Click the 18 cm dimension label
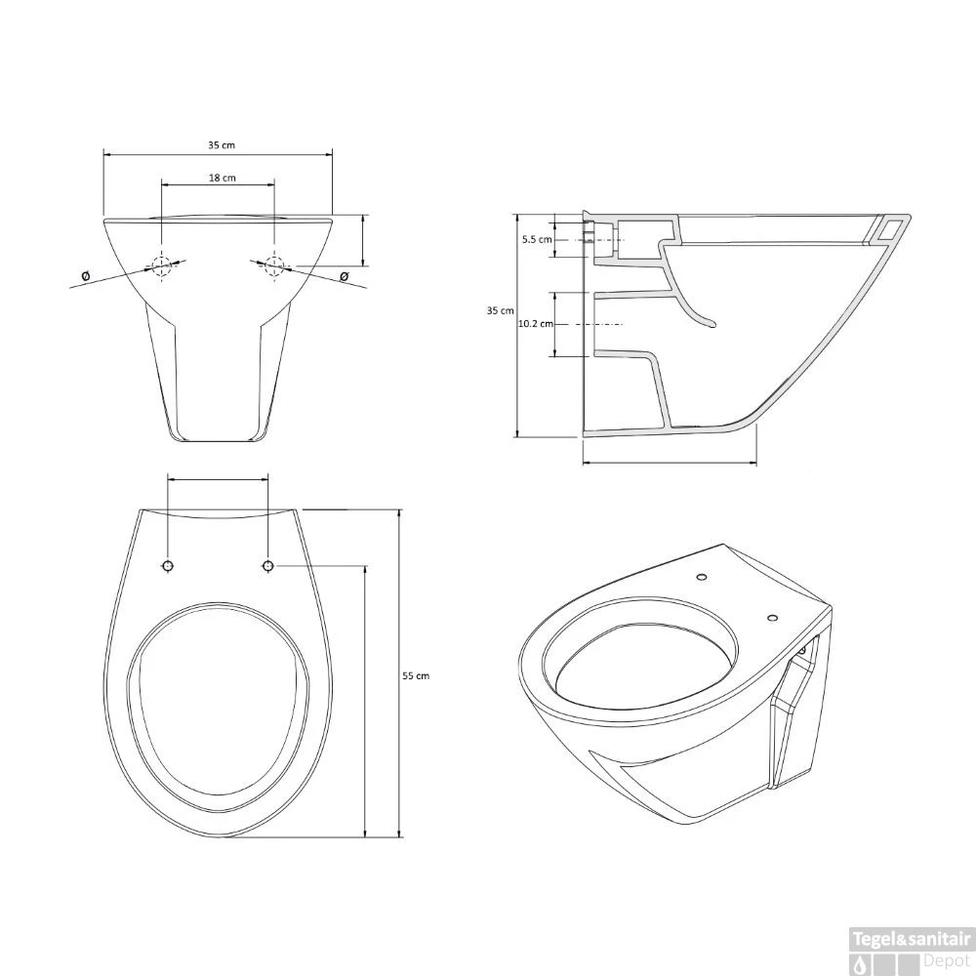222,178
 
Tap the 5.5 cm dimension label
537,238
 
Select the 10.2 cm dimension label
536,323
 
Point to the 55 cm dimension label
416,674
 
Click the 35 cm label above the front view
222,144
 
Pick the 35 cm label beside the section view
500,310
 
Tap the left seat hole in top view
168,566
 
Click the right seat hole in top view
268,566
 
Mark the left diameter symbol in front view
86,276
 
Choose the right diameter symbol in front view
344,276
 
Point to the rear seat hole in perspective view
702,579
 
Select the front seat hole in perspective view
772,618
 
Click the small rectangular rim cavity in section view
889,228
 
